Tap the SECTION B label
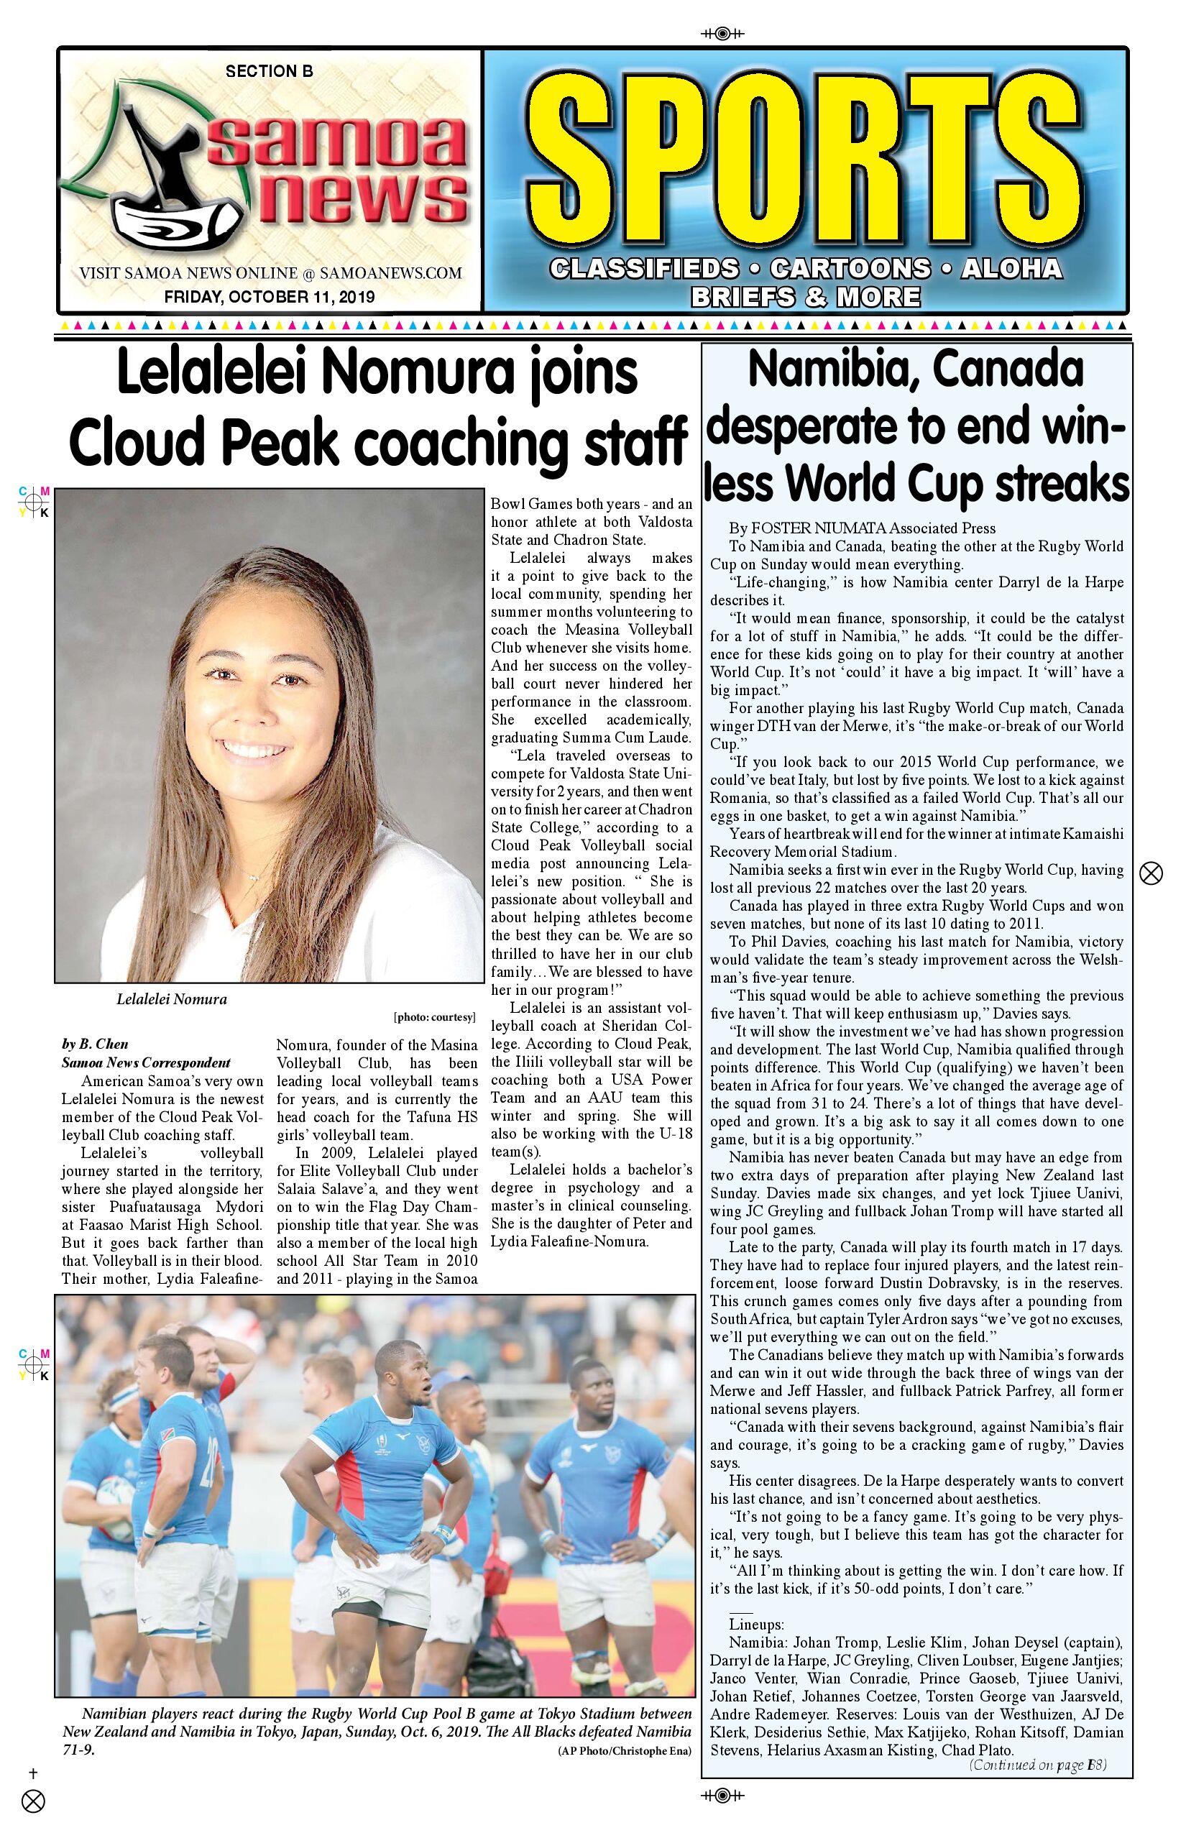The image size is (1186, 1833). click(269, 72)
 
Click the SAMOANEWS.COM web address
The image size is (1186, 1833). click(390, 273)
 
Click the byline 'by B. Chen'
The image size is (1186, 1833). click(95, 1044)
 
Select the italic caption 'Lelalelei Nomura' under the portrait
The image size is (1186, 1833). click(172, 1000)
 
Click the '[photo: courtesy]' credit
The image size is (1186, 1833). click(435, 1017)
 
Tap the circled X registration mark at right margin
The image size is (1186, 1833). click(1151, 873)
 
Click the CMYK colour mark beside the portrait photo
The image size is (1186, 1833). click(34, 502)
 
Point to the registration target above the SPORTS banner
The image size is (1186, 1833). click(722, 33)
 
